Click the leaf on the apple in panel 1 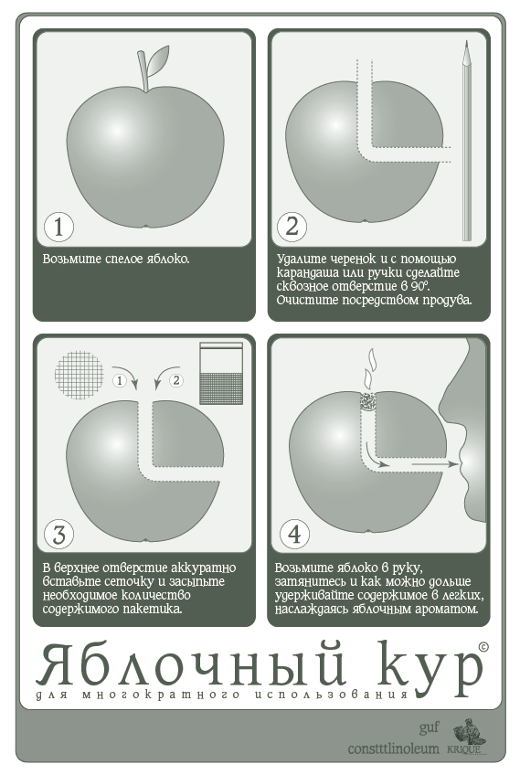(x=158, y=60)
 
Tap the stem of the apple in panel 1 (x=143, y=71)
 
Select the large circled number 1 (x=58, y=227)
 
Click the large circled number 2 (x=292, y=227)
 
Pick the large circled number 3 (x=58, y=534)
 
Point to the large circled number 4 (x=294, y=534)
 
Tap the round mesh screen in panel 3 (x=80, y=375)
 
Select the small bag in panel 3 (x=221, y=373)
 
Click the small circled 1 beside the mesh (x=120, y=380)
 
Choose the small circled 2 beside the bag (x=176, y=380)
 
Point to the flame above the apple (x=368, y=370)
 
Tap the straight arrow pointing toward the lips (x=434, y=464)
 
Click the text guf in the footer (x=429, y=728)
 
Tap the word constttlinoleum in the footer (x=394, y=748)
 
